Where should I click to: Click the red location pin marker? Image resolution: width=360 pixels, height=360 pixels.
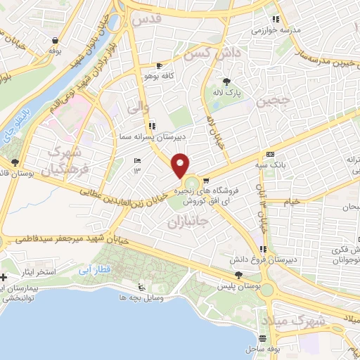pos(181,165)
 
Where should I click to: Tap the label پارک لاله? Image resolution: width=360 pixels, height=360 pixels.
pos(227,92)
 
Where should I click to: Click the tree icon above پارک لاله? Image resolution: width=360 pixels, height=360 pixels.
pos(226,82)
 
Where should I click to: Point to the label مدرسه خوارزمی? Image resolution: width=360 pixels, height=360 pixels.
pos(262,30)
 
